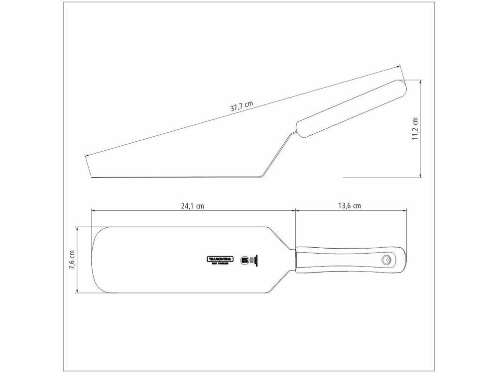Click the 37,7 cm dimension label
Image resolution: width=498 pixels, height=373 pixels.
point(241,108)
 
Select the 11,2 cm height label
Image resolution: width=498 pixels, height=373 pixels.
point(415,129)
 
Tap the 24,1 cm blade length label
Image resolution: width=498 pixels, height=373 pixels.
point(192,206)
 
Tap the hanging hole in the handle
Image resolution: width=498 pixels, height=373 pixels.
point(386,259)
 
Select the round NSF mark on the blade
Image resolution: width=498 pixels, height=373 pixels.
point(245,259)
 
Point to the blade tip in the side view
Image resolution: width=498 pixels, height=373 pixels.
point(93,176)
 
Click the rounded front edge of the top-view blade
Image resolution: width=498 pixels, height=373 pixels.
point(93,259)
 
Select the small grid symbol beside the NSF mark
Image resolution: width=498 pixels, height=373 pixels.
point(252,259)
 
